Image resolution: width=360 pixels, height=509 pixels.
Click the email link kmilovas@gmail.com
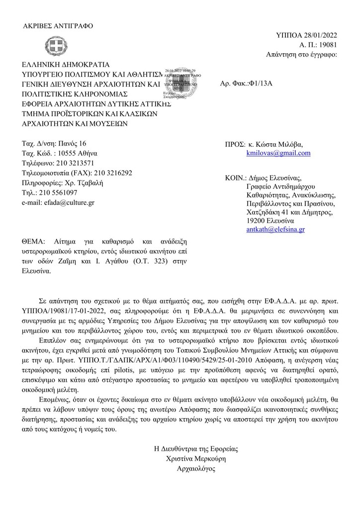tap(278, 153)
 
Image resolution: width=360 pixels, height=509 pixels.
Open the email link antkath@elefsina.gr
tap(275, 230)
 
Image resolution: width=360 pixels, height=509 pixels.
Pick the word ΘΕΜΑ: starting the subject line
tap(33, 242)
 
